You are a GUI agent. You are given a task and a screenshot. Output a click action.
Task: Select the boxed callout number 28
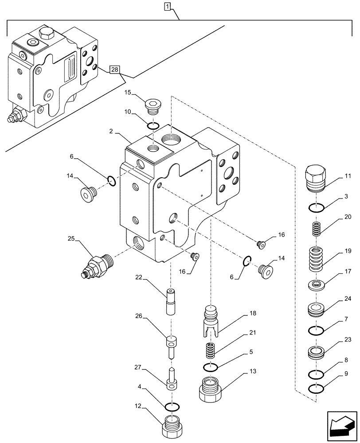click(115, 70)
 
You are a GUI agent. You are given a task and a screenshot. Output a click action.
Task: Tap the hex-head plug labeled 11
click(315, 178)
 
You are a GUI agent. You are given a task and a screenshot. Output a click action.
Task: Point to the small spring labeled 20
click(315, 230)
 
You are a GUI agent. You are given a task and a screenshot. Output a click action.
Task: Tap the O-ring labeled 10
click(153, 126)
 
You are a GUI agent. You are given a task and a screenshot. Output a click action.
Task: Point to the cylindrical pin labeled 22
click(172, 301)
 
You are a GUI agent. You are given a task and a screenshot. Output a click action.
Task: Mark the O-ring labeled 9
click(315, 389)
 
